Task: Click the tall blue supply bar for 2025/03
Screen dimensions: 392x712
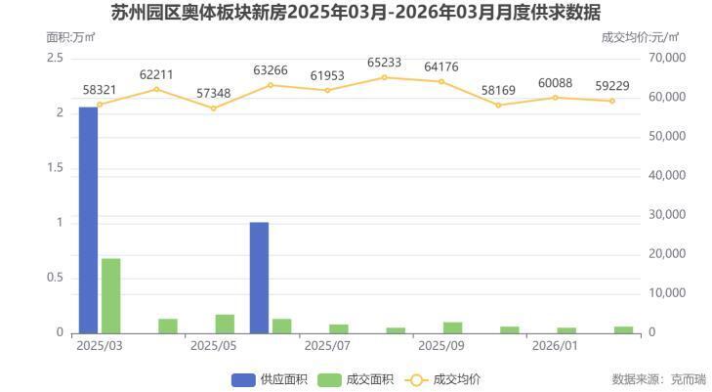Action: [x=88, y=220]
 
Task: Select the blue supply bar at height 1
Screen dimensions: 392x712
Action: [x=259, y=278]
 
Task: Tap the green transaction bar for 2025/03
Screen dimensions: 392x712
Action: [x=110, y=295]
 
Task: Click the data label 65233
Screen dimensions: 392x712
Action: [x=384, y=62]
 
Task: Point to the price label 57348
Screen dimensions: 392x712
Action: [x=214, y=93]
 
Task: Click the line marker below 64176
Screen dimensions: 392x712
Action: [x=440, y=81]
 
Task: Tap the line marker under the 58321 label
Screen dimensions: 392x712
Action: [x=100, y=105]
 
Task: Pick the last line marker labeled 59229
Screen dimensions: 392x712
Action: [x=612, y=101]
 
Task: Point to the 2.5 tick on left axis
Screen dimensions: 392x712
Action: [x=55, y=58]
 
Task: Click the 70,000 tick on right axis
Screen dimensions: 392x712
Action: [x=668, y=58]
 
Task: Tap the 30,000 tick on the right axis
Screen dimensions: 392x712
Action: [x=668, y=215]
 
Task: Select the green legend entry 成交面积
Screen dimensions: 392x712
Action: [x=356, y=379]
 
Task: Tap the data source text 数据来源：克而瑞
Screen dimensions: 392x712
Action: [x=658, y=379]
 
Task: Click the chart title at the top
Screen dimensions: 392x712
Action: [x=356, y=13]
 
